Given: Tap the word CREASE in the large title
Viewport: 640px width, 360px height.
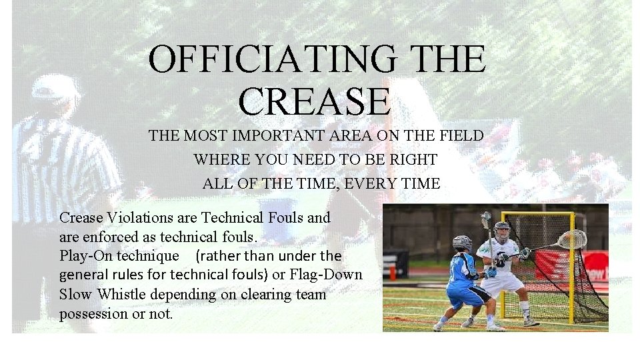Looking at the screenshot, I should pos(313,100).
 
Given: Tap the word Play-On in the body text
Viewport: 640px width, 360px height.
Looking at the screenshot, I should pos(86,256).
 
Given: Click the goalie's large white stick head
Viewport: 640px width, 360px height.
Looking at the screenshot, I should pos(572,239).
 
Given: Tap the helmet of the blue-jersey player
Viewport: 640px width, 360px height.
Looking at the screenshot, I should pos(461,243).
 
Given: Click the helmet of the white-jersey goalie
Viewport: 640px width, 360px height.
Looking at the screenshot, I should pos(501,230).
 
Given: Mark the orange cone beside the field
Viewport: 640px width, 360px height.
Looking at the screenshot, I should pos(393,272).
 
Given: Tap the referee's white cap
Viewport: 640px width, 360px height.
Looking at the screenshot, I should pos(55,87).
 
